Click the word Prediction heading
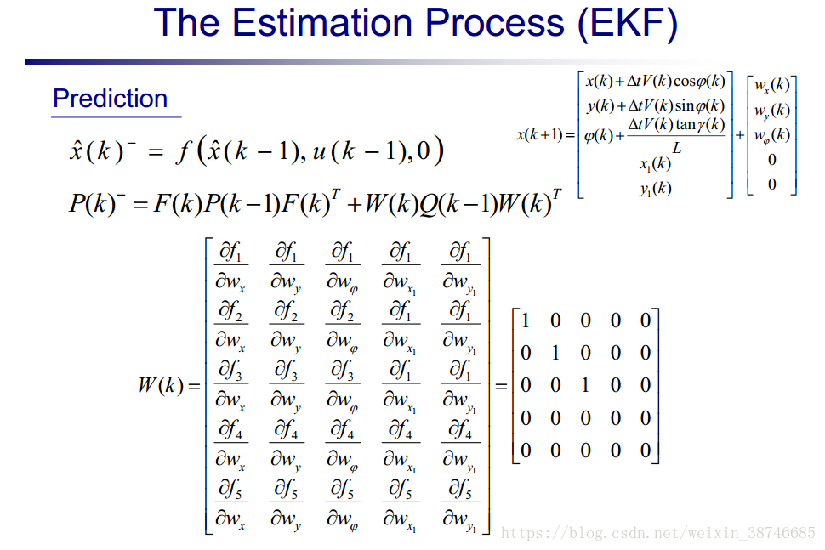coord(110,99)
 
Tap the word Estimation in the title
coord(322,23)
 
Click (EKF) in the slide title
coord(627,24)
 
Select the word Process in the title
coord(495,23)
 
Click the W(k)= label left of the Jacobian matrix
coord(169,385)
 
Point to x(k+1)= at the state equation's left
coord(546,134)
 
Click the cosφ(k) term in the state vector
coord(699,81)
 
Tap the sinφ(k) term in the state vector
coord(700,105)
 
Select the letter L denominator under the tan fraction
coord(677,148)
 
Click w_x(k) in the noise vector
coord(772,85)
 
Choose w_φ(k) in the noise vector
coord(772,135)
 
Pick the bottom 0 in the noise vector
coord(772,184)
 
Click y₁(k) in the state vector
coord(655,188)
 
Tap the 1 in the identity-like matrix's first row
coord(525,320)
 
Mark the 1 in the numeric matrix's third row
coord(585,385)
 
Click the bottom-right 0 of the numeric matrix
coord(646,450)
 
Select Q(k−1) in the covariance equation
coord(457,203)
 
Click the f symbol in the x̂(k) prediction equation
coord(184,152)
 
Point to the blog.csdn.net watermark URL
coord(657,533)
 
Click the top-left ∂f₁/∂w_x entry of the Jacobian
coord(230,267)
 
